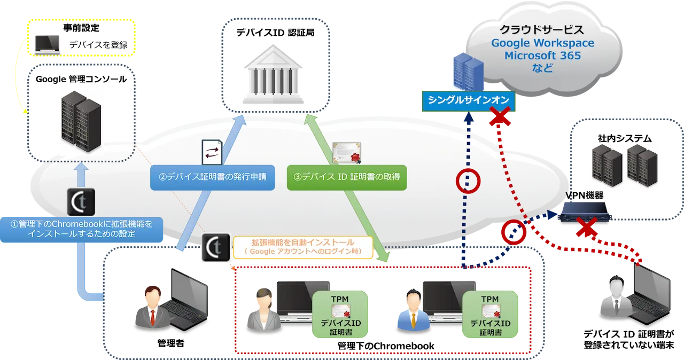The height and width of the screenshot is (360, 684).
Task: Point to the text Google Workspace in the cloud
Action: click(542, 43)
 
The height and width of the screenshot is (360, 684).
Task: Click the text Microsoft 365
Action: click(542, 56)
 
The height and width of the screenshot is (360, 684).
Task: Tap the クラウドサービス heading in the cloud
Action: click(542, 29)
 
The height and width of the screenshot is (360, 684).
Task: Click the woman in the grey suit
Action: click(262, 310)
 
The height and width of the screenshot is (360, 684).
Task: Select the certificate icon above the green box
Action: click(346, 153)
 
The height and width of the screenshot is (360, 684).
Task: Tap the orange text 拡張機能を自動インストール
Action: click(302, 244)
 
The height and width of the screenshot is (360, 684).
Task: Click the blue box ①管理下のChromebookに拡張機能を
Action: click(82, 229)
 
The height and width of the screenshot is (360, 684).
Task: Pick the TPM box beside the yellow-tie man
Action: click(490, 315)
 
